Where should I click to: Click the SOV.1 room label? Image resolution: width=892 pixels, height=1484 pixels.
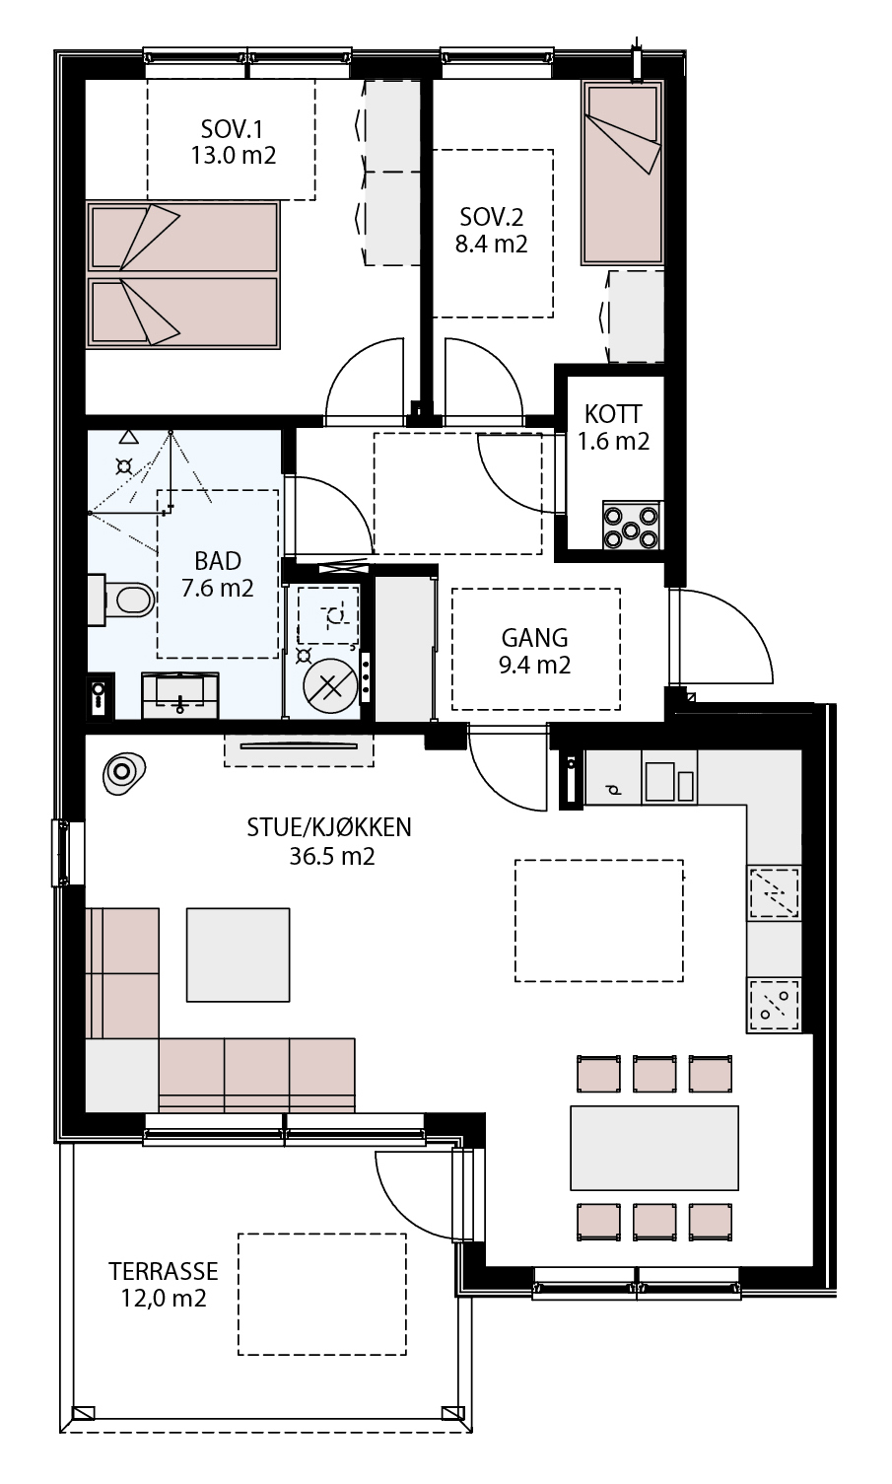[231, 128]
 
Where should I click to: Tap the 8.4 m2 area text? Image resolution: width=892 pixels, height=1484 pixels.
[491, 244]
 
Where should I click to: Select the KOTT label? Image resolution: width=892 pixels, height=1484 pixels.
[612, 414]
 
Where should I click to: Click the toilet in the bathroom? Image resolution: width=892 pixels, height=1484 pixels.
[121, 600]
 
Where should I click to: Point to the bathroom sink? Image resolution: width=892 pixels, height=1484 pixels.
[180, 695]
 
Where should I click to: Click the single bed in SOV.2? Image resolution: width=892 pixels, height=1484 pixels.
[623, 173]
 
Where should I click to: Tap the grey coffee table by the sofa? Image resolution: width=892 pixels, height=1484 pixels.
[238, 954]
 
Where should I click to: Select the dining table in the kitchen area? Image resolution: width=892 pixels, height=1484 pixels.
[654, 1148]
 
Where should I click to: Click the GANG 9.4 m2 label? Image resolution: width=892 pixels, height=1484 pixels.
[534, 651]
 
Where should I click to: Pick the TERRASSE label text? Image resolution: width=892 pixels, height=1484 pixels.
[163, 1271]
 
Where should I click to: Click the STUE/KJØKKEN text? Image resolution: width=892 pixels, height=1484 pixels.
[329, 826]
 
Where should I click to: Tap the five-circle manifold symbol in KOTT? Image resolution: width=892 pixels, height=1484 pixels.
[631, 526]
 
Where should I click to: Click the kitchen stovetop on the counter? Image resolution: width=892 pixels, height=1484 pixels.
[774, 1006]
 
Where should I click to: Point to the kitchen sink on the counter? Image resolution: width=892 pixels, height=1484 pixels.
[774, 892]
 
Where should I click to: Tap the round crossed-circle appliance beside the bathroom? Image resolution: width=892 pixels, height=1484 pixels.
[330, 687]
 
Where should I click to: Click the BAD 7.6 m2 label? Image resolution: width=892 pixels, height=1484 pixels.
[217, 574]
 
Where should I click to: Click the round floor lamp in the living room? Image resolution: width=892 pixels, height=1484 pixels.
[123, 772]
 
